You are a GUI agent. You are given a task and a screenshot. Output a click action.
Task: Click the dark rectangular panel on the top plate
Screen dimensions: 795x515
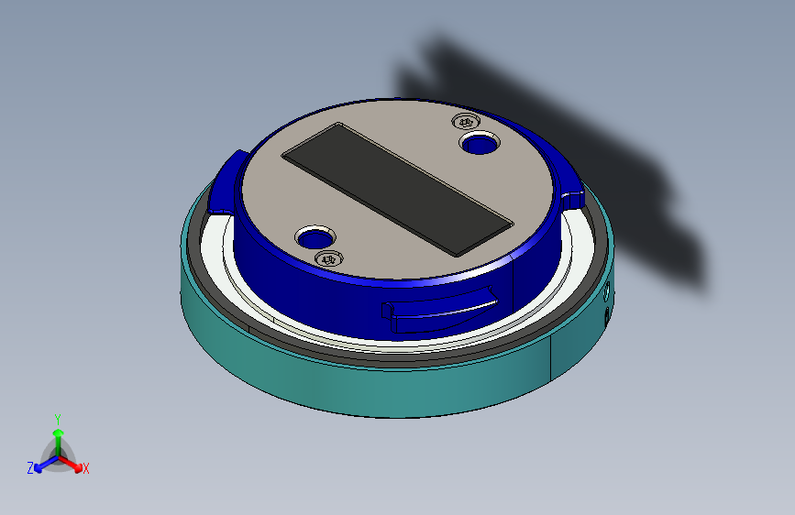point(398,189)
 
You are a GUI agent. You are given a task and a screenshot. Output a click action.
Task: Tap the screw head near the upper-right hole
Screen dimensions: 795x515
point(466,122)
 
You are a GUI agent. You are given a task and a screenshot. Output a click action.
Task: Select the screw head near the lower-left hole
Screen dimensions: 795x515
point(328,259)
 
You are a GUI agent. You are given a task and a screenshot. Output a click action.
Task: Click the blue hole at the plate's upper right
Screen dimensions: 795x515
point(480,143)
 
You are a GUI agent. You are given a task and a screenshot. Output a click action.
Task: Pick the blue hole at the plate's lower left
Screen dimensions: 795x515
point(315,236)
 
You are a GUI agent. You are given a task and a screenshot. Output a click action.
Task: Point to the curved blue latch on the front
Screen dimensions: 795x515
point(439,312)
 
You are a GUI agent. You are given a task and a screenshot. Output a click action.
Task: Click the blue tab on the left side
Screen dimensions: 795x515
point(226,182)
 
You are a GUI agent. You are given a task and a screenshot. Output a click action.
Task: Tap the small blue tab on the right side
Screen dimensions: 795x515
point(572,199)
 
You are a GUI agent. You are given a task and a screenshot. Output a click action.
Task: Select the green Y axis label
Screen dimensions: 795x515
point(58,420)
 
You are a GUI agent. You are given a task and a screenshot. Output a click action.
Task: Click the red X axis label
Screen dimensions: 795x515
point(85,469)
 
